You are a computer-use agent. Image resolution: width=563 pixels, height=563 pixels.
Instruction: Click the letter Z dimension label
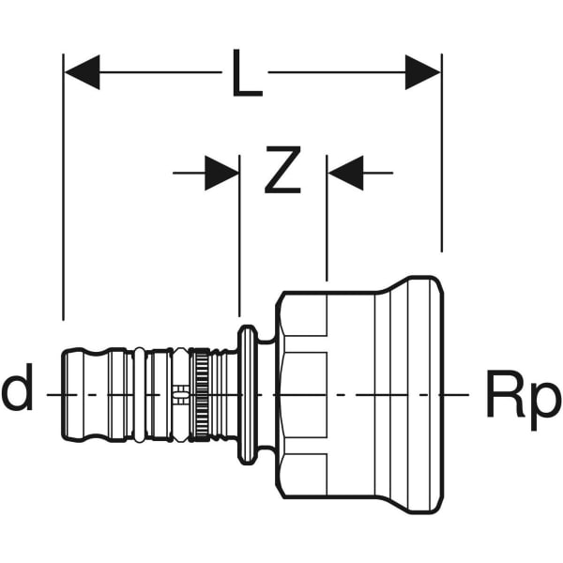pyautogui.click(x=281, y=172)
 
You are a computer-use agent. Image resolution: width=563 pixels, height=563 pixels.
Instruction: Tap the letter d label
pyautogui.click(x=17, y=391)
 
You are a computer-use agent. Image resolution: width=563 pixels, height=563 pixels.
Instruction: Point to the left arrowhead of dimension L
pyautogui.click(x=82, y=72)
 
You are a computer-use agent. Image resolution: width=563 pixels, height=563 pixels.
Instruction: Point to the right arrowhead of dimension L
pyautogui.click(x=423, y=72)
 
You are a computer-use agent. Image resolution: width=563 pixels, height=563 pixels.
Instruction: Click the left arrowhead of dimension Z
pyautogui.click(x=222, y=173)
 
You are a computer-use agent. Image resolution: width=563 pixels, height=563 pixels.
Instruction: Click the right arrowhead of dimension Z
pyautogui.click(x=345, y=173)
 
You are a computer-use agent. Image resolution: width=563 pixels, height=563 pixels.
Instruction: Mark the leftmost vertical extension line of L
pyautogui.click(x=64, y=188)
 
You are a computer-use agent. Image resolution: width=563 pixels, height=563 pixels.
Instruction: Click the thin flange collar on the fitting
pyautogui.click(x=247, y=394)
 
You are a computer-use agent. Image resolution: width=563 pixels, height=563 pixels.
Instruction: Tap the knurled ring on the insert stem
pyautogui.click(x=200, y=394)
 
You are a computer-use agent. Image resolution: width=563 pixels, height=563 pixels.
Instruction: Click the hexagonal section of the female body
pyautogui.click(x=302, y=394)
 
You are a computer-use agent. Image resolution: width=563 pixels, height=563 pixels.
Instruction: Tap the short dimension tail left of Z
pyautogui.click(x=188, y=173)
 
